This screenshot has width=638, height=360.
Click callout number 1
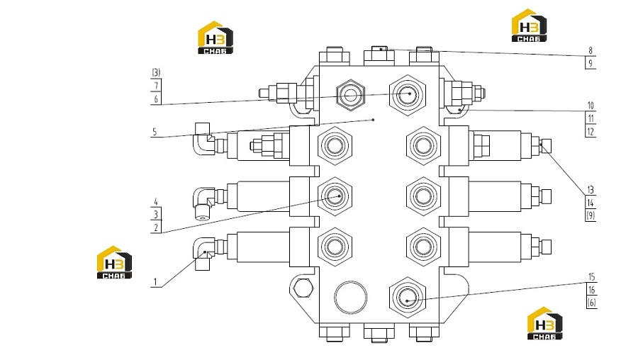point(155,281)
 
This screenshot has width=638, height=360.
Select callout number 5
point(155,132)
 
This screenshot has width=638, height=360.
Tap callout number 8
point(591,50)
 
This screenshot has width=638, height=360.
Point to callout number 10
point(591,106)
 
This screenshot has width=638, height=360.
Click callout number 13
point(591,190)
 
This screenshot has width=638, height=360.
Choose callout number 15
point(592,277)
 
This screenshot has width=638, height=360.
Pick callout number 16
point(592,290)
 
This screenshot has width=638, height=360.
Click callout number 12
point(591,132)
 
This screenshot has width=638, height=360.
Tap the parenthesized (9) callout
point(591,215)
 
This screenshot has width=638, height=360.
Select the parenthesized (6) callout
point(592,303)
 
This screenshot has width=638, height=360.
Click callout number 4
point(155,201)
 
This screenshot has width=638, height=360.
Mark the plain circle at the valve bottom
point(350,296)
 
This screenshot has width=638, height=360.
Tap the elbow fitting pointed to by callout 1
point(203,254)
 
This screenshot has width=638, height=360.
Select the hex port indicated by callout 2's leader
point(335,196)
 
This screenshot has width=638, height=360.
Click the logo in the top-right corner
point(529,26)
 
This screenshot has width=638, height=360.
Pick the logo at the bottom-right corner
point(545,323)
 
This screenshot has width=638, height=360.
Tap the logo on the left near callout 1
point(114,262)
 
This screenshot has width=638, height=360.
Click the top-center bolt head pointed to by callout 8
point(379,56)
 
